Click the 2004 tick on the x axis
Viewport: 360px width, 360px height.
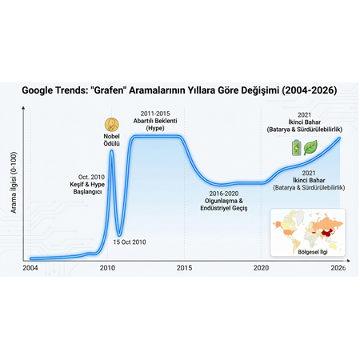click(30, 269)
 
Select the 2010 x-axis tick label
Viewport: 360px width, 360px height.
click(107, 269)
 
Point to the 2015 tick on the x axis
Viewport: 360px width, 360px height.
click(183, 269)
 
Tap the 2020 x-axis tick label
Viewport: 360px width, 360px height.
click(261, 269)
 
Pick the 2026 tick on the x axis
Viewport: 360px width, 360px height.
click(338, 269)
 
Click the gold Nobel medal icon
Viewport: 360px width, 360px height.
click(111, 124)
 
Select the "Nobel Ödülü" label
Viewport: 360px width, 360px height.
click(111, 141)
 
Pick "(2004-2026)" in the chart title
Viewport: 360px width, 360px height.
click(306, 90)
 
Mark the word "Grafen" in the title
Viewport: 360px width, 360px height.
click(117, 90)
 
